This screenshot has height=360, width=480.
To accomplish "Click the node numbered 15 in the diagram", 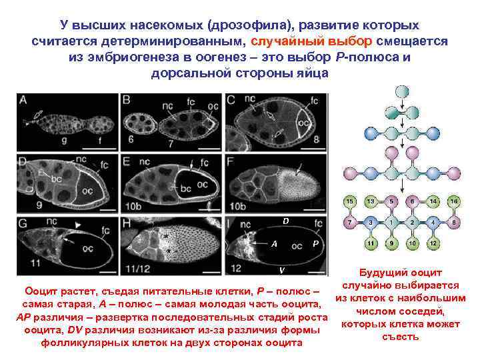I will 348,201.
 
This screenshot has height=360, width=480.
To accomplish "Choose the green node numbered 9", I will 394,243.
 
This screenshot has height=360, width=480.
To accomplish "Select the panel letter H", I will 127,222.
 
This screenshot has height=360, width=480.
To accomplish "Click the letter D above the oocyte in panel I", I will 285,221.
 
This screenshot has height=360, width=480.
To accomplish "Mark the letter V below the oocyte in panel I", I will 283,269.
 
